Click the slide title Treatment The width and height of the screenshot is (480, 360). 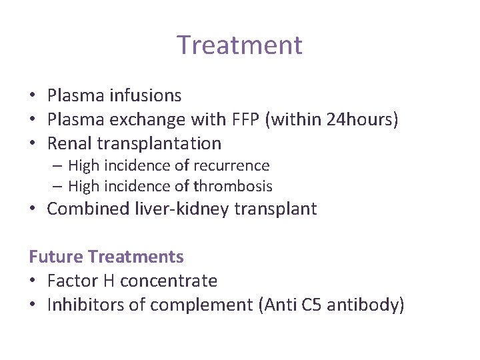coord(239,45)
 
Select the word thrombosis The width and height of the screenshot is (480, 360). coord(232,187)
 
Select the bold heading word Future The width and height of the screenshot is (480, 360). coord(56,257)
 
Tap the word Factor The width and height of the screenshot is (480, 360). coord(71,281)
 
